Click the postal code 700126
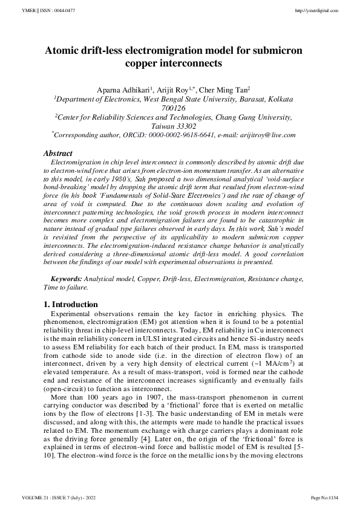(180, 108)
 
